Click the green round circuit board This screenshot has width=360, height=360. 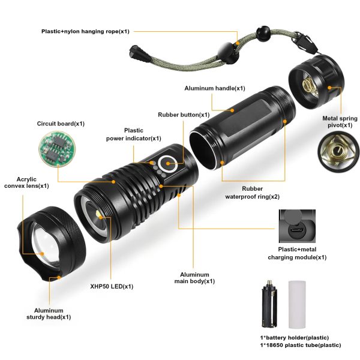[x=57, y=149]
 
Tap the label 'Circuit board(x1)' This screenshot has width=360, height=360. [x=61, y=124]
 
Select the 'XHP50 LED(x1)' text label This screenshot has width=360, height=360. [x=112, y=286]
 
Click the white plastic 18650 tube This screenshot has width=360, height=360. [x=297, y=304]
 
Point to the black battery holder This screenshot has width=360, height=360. [x=269, y=304]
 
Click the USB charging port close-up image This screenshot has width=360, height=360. [x=297, y=226]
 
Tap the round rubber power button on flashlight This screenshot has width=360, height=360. [x=168, y=164]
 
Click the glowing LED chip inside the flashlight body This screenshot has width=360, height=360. [x=99, y=215]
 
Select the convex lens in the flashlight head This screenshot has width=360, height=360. [x=45, y=242]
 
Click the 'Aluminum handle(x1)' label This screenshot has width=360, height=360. [x=215, y=88]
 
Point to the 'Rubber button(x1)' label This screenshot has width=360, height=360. [x=184, y=115]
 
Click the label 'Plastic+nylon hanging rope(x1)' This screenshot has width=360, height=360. [x=85, y=31]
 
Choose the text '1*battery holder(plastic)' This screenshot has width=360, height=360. [x=295, y=338]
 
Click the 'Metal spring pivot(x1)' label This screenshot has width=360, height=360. [x=340, y=122]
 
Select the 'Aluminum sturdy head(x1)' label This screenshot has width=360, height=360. [x=49, y=314]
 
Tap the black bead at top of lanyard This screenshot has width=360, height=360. [x=263, y=34]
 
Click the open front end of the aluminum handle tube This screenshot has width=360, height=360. [x=203, y=150]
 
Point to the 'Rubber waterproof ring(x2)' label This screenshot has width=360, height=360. [x=253, y=193]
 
